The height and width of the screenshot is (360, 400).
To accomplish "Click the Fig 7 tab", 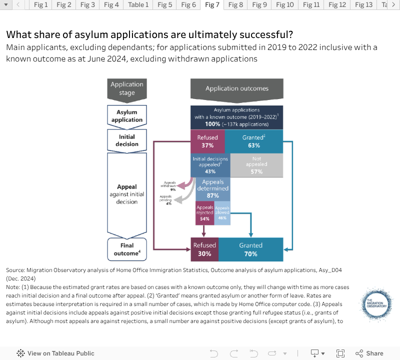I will tap(212, 5).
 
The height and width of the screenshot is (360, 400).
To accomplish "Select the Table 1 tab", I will tap(138, 5).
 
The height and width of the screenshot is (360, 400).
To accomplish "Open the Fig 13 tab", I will tap(363, 5).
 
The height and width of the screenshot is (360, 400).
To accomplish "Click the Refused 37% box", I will tap(207, 141).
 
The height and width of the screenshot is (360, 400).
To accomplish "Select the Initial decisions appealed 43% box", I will tap(210, 165).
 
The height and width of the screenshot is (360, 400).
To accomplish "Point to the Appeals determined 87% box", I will tap(212, 189).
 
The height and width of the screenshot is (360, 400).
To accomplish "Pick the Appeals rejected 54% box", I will tap(204, 212).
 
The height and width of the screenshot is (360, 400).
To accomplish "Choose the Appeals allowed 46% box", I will tap(222, 212).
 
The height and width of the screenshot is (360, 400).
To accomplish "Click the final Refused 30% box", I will tap(204, 249).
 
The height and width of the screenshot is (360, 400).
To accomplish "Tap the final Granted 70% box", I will tap(251, 249).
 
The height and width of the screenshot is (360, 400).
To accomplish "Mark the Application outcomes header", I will tap(237, 88).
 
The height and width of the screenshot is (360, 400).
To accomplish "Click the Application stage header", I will tap(127, 88).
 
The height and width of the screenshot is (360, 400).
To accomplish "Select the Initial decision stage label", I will tap(127, 140).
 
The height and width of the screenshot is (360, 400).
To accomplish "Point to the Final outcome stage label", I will tap(127, 249).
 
